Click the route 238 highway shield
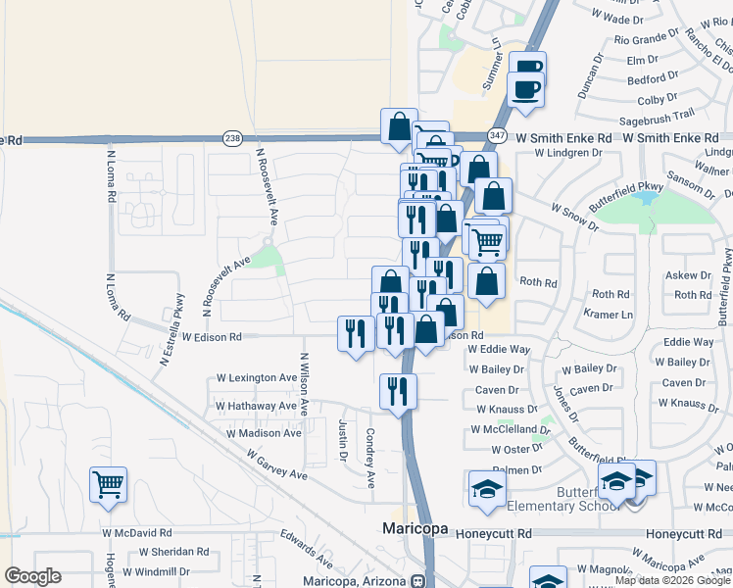(x=232, y=139)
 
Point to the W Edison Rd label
(x=209, y=337)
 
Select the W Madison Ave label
(x=265, y=432)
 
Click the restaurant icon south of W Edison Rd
(x=398, y=391)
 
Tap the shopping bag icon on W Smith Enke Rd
(x=399, y=127)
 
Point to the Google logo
(x=33, y=576)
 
